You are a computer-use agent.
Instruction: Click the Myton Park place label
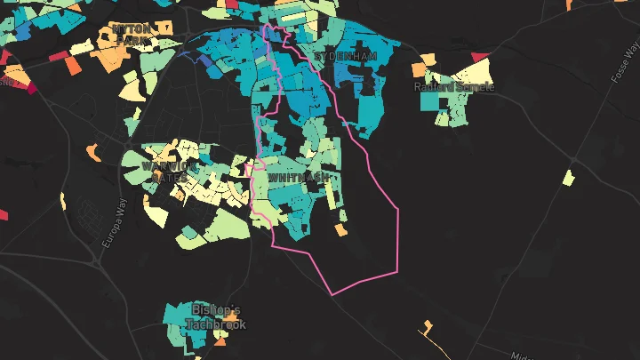tap(132, 34)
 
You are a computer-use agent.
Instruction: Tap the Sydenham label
tap(345, 56)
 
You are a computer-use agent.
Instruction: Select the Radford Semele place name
tap(453, 87)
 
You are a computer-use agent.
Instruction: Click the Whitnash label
tap(299, 178)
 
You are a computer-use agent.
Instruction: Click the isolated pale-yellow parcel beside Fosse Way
tap(568, 177)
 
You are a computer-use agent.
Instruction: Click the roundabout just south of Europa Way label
tap(96, 260)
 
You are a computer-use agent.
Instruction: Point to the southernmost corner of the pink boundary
tap(332, 295)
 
